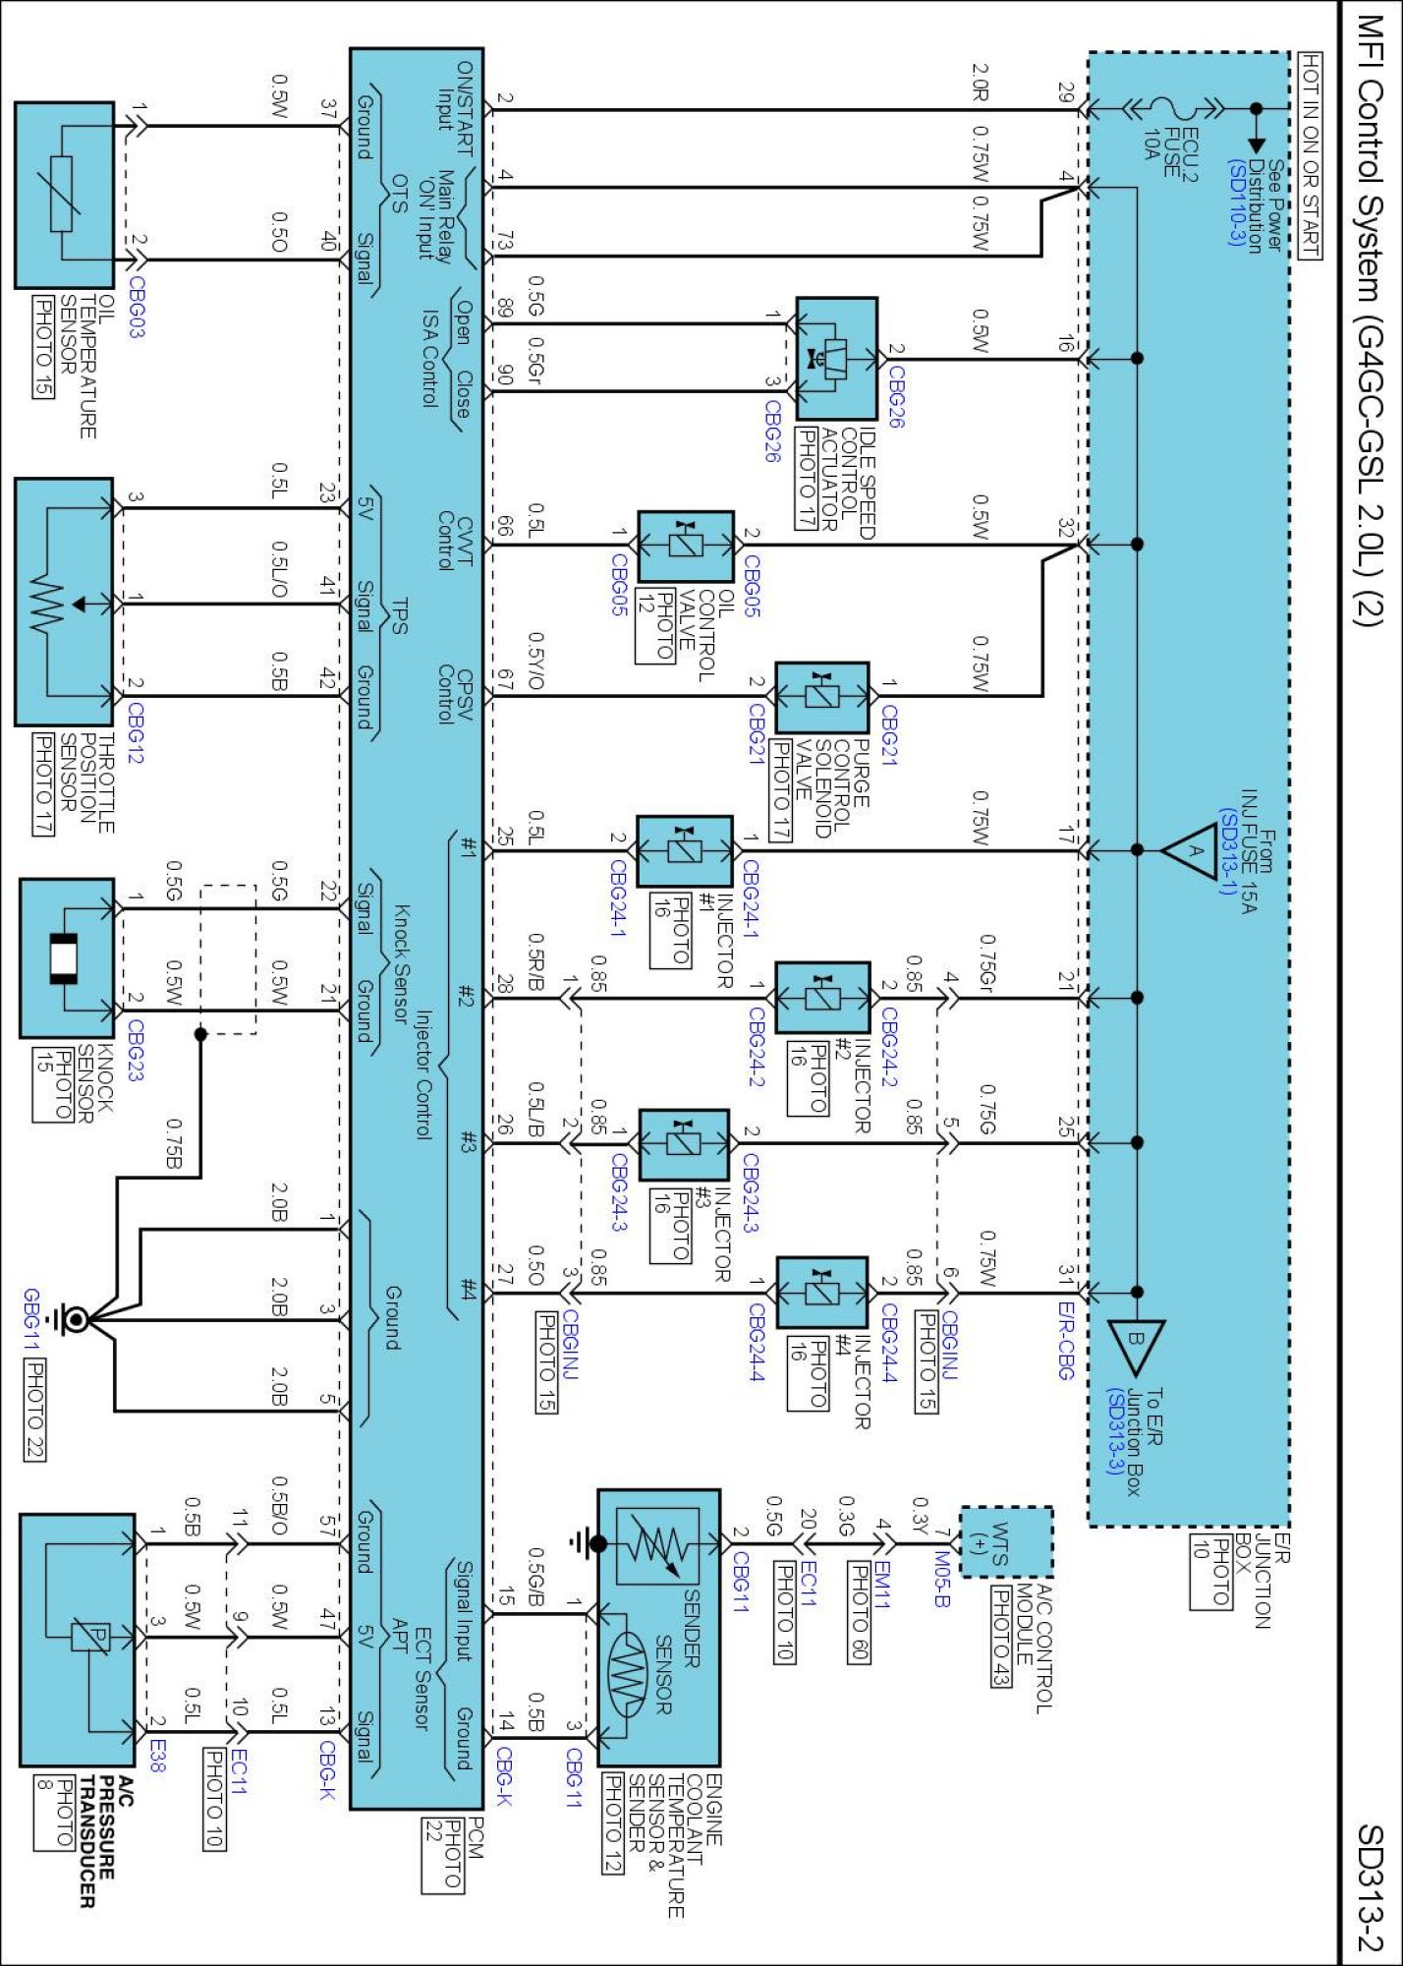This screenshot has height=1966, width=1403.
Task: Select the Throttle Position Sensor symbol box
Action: [x=64, y=602]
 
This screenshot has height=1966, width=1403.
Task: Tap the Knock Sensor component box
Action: [x=67, y=957]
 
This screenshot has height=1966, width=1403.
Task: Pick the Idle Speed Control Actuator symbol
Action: [x=836, y=359]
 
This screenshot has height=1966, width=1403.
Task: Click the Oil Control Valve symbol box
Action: [x=686, y=546]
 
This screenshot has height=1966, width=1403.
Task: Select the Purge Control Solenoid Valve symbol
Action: [x=822, y=697]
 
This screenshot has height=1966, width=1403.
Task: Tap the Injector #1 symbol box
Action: [x=685, y=850]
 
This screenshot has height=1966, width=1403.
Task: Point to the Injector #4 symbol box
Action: [x=822, y=1292]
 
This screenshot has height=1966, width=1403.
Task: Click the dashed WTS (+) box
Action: [x=1005, y=1542]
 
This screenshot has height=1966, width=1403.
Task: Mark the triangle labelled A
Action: [x=1191, y=850]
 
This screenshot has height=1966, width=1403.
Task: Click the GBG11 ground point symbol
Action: [x=75, y=1320]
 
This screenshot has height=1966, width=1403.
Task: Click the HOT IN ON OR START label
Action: [x=1310, y=155]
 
